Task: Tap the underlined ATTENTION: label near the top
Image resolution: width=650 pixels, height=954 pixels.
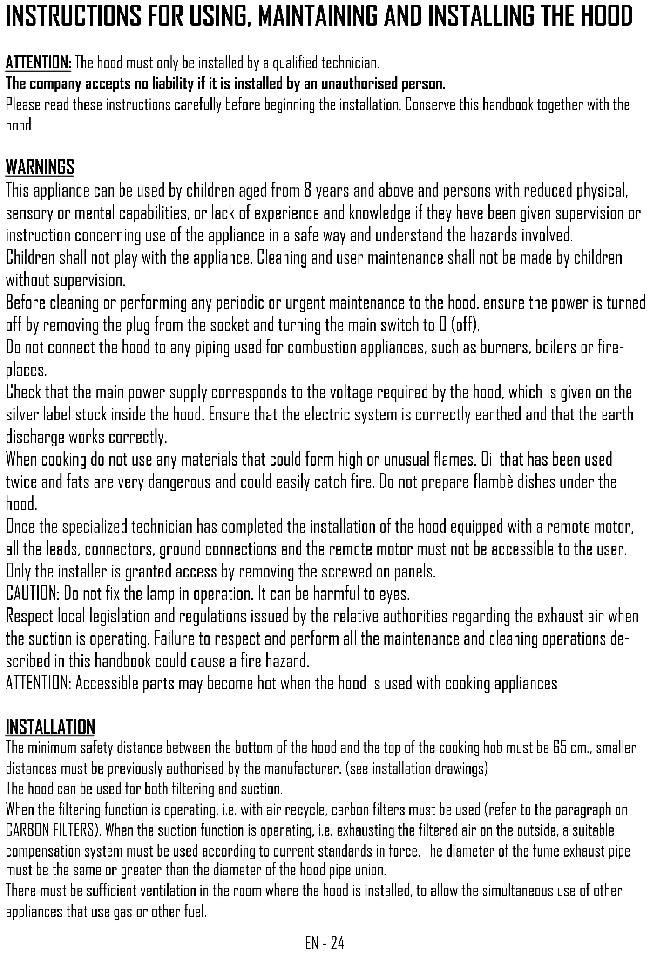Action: coord(38,62)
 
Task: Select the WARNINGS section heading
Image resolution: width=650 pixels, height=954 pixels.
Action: coord(40,167)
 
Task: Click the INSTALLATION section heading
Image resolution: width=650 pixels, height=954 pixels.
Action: coord(50,727)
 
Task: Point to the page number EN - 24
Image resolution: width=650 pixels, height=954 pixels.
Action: coord(325,943)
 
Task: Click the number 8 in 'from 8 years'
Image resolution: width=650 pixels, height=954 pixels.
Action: coord(307,191)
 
